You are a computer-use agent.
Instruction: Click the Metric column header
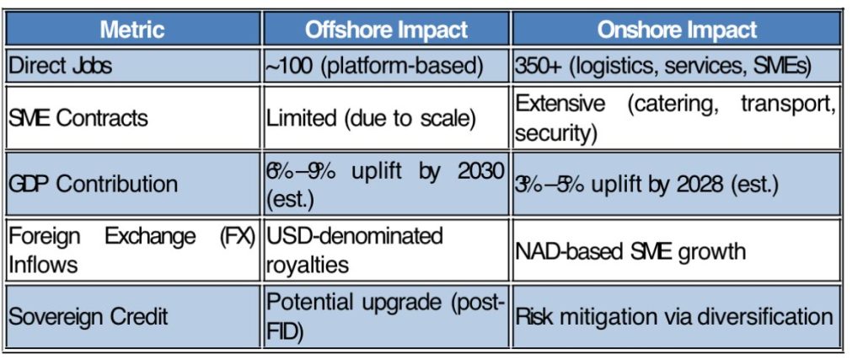(x=132, y=30)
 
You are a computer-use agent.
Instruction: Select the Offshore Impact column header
(x=386, y=30)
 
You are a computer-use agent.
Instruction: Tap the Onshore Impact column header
(x=677, y=30)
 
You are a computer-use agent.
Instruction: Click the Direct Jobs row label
(x=60, y=66)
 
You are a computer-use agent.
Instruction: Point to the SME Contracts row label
(x=78, y=118)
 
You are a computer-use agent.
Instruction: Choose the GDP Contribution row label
(x=93, y=184)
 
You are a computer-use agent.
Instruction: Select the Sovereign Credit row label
(x=88, y=317)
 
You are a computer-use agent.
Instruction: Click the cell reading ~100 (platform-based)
(x=374, y=66)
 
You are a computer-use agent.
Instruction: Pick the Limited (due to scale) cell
(x=371, y=118)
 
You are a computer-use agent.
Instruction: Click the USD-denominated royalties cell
(x=355, y=250)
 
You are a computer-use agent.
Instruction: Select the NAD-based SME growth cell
(x=630, y=251)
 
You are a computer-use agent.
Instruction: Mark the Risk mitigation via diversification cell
(x=674, y=317)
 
